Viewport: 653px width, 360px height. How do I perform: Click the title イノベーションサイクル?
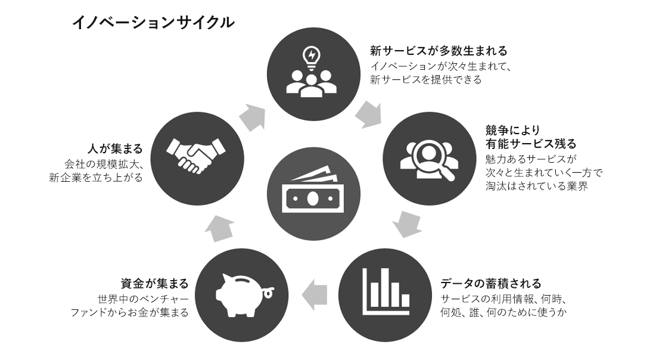pyautogui.click(x=153, y=23)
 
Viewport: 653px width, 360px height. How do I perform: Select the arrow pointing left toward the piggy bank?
pyautogui.click(x=315, y=294)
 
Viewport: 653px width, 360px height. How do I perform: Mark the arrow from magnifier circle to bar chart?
pyautogui.click(x=408, y=224)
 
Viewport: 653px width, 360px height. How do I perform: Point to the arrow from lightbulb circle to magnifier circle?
pyautogui.click(x=368, y=114)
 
